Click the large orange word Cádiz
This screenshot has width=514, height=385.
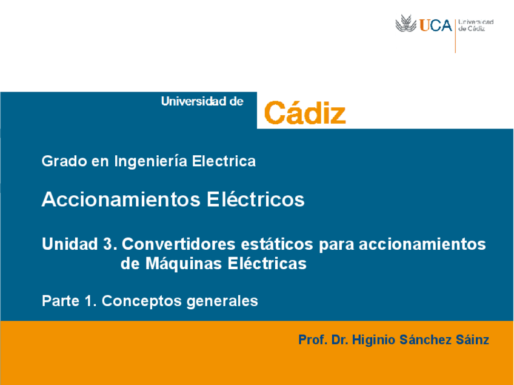305,113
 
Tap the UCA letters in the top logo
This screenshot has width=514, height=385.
436,25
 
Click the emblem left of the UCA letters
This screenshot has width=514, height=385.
406,25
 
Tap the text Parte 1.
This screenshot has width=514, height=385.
69,301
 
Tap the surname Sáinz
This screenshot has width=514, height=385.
470,340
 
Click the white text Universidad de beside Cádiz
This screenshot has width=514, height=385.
202,102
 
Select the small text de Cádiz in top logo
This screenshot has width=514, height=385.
472,28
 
